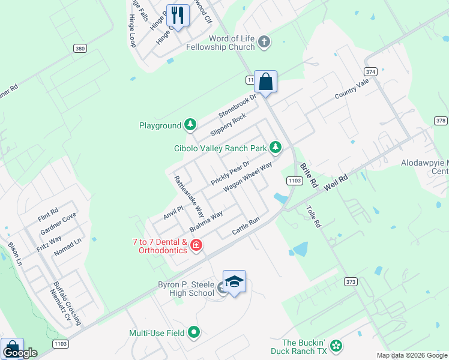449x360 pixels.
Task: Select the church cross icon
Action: pos(264,42)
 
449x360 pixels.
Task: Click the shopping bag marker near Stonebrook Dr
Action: pos(265,81)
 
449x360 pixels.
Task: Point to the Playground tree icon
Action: pos(190,125)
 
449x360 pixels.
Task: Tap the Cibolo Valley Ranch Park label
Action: pos(220,148)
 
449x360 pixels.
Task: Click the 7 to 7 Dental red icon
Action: pos(196,245)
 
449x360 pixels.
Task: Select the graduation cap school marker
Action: pos(234,282)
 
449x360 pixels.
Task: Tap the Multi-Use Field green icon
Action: pos(194,332)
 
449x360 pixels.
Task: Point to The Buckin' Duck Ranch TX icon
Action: pos(337,345)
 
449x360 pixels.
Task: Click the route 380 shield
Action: pos(80,48)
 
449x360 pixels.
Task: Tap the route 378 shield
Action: pos(441,121)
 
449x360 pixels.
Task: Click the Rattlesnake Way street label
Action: pos(189,196)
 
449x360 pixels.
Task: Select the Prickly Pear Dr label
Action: pos(230,173)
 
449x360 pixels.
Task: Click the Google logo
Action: pos(20,353)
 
